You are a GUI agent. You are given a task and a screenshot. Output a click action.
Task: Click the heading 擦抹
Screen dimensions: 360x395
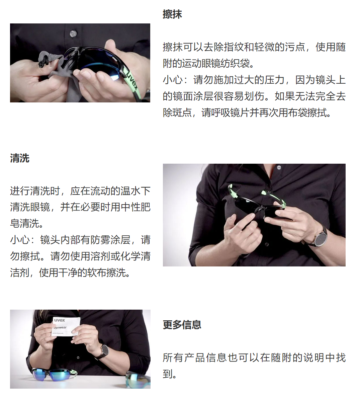(172, 14)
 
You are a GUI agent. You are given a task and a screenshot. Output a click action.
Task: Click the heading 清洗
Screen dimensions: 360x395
(20, 158)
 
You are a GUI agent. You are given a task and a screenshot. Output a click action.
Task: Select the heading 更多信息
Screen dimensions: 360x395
(182, 324)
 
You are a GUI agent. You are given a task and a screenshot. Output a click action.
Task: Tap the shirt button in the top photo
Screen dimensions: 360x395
(73, 33)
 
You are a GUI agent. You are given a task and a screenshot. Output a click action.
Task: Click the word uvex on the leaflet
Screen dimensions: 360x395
(60, 320)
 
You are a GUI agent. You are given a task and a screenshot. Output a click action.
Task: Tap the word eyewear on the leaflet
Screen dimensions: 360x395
(60, 327)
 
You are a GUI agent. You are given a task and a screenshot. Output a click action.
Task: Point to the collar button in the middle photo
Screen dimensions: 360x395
(279, 167)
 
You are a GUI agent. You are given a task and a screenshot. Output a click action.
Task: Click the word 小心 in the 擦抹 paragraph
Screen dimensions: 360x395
(173, 80)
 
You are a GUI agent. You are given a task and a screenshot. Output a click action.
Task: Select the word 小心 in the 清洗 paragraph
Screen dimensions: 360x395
(20, 240)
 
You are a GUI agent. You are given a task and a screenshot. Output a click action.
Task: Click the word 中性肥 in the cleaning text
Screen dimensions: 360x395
(136, 207)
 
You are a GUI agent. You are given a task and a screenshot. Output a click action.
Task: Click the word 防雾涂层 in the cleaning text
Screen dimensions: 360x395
(110, 240)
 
